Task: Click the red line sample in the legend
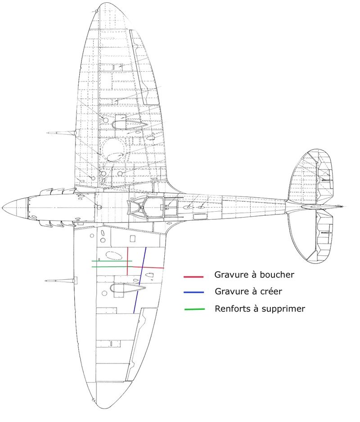(x=193, y=277)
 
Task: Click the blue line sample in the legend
(x=193, y=292)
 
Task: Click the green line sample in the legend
(x=194, y=309)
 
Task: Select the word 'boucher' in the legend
(x=277, y=275)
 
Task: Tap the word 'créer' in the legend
(x=271, y=291)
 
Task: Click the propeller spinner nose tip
(x=3, y=208)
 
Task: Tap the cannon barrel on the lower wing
(x=60, y=281)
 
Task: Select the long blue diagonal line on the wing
(x=140, y=280)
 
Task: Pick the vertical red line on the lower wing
(x=127, y=261)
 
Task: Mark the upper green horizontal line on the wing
(x=112, y=261)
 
